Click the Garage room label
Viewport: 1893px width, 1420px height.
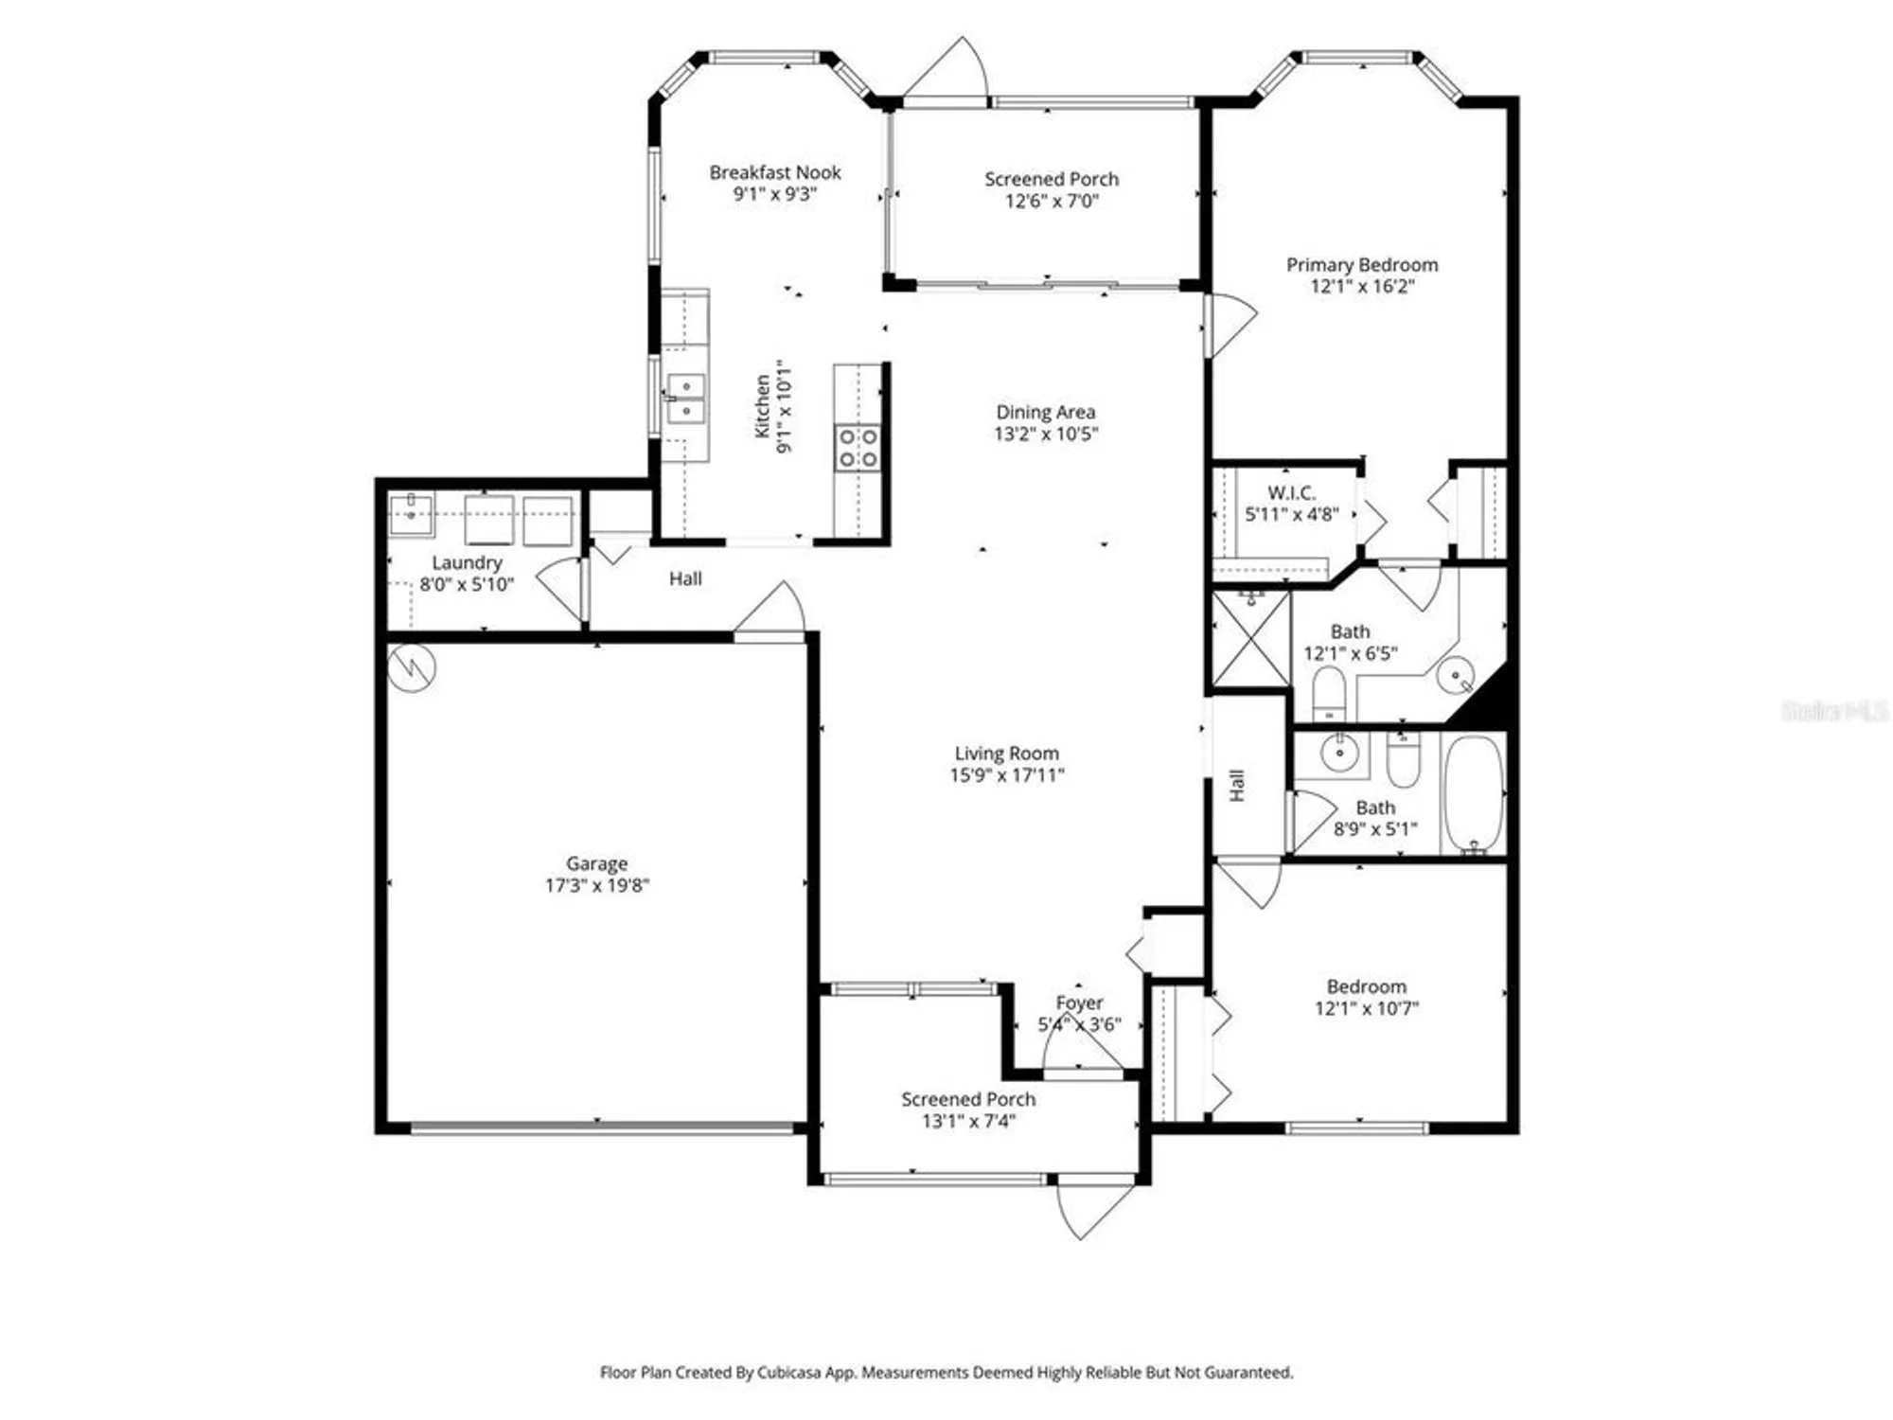click(596, 863)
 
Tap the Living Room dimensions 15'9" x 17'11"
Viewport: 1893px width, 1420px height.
click(1007, 775)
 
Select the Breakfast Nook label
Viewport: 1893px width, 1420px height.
click(775, 172)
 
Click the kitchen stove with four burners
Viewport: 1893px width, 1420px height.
click(857, 448)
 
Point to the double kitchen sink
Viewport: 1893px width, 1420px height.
click(685, 399)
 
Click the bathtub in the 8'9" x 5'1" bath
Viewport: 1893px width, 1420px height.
click(1474, 795)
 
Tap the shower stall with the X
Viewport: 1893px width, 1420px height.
click(1251, 640)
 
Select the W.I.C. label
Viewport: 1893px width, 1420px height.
click(1292, 492)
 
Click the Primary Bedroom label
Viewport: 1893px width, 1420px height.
click(1362, 265)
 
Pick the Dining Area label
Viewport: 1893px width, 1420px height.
click(1045, 412)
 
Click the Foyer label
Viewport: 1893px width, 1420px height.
click(1079, 1003)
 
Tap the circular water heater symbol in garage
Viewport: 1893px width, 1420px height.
click(412, 667)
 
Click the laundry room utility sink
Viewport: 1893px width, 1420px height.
click(412, 514)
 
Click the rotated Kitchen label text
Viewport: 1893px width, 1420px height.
click(763, 406)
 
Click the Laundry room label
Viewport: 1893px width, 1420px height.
click(467, 562)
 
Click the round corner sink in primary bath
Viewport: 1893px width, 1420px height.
click(1455, 676)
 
